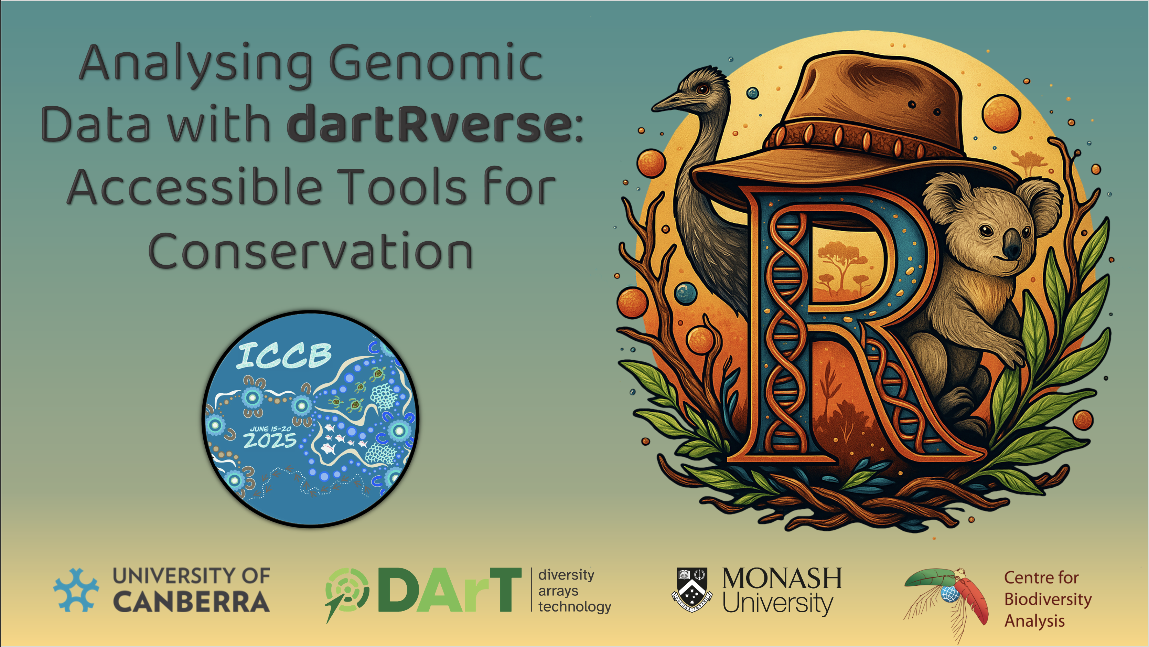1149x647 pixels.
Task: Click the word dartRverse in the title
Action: point(429,124)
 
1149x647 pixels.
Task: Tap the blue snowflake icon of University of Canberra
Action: point(76,590)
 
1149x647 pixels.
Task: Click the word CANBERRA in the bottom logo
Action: point(191,602)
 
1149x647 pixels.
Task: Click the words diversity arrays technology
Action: point(574,590)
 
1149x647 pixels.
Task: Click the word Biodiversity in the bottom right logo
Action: point(1048,599)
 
